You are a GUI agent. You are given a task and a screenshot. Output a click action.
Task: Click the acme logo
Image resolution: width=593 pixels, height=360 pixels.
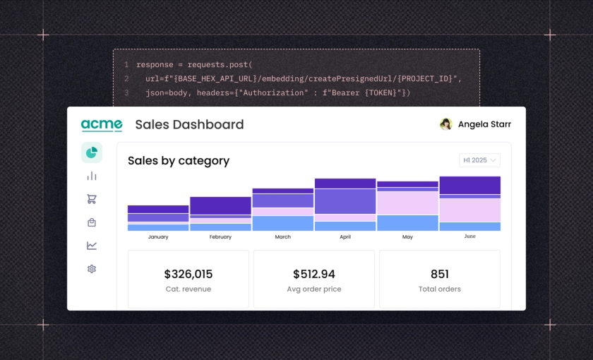[x=102, y=125]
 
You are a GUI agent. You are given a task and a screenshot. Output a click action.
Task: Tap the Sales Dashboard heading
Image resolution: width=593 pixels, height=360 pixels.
[x=189, y=125]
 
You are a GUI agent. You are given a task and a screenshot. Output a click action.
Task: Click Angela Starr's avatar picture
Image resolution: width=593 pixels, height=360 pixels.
[x=445, y=124]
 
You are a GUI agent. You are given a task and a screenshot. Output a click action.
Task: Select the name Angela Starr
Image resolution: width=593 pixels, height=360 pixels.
[x=484, y=124]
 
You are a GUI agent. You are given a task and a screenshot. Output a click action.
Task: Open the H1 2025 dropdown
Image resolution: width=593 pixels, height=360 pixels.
[x=479, y=160]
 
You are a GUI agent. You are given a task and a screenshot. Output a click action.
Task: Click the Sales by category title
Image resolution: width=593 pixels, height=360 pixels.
[x=179, y=161]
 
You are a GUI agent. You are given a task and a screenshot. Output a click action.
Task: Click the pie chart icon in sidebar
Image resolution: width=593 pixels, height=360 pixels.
[x=92, y=152]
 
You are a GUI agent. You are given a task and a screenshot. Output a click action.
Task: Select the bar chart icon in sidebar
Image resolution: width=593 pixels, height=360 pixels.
[x=92, y=176]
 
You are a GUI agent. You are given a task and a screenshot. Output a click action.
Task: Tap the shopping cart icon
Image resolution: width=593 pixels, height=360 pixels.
[x=92, y=199]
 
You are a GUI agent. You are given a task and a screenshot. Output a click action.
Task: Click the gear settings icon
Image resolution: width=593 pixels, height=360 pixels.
[x=92, y=269]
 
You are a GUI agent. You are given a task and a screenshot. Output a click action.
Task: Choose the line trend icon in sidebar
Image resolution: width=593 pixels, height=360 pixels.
[x=92, y=246]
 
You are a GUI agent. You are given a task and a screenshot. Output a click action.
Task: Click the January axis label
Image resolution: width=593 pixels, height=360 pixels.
[x=158, y=237]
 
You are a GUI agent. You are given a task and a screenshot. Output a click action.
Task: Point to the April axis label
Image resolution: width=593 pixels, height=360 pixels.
[x=345, y=237]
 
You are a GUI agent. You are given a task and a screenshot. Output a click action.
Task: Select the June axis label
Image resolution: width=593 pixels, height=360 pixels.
[x=470, y=237]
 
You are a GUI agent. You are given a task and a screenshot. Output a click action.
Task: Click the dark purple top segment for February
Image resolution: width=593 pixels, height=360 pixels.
[x=220, y=205]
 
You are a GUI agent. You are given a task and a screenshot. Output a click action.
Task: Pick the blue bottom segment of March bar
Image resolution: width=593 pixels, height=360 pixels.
[x=282, y=223]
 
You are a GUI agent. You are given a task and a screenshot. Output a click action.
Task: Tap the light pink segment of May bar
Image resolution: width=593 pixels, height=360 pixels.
[x=407, y=203]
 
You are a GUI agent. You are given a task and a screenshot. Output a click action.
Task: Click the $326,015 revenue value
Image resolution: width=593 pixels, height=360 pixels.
[x=188, y=275]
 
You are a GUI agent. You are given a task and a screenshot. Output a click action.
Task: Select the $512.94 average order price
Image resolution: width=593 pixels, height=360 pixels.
[x=314, y=275]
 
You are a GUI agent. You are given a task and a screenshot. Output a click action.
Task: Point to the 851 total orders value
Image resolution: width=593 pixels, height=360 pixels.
[x=440, y=275]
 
